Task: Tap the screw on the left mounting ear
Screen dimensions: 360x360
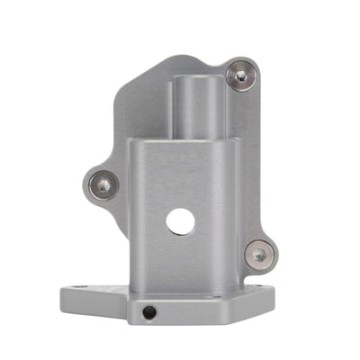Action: pyautogui.click(x=104, y=185)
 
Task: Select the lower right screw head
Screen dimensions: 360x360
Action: pyautogui.click(x=259, y=255)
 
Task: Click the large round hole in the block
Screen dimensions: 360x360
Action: pyautogui.click(x=180, y=221)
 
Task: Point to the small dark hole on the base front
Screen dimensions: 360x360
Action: pyautogui.click(x=148, y=312)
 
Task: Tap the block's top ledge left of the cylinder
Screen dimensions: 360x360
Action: pyautogui.click(x=151, y=139)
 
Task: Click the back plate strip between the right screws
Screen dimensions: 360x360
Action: pyautogui.click(x=254, y=162)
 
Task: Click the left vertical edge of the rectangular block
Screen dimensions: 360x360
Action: pyautogui.click(x=131, y=216)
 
